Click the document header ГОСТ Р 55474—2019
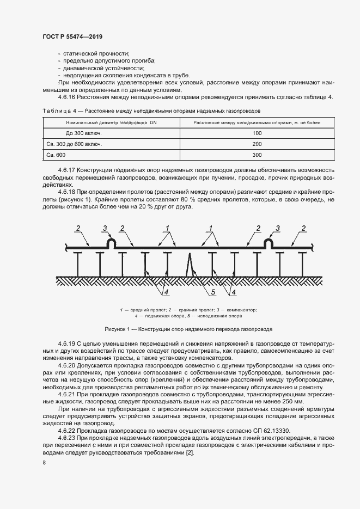point(72,36)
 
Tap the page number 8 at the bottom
point(44,463)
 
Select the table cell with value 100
point(257,133)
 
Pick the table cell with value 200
point(257,144)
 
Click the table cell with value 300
point(257,155)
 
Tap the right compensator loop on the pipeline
point(268,243)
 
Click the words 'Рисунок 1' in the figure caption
point(117,330)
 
